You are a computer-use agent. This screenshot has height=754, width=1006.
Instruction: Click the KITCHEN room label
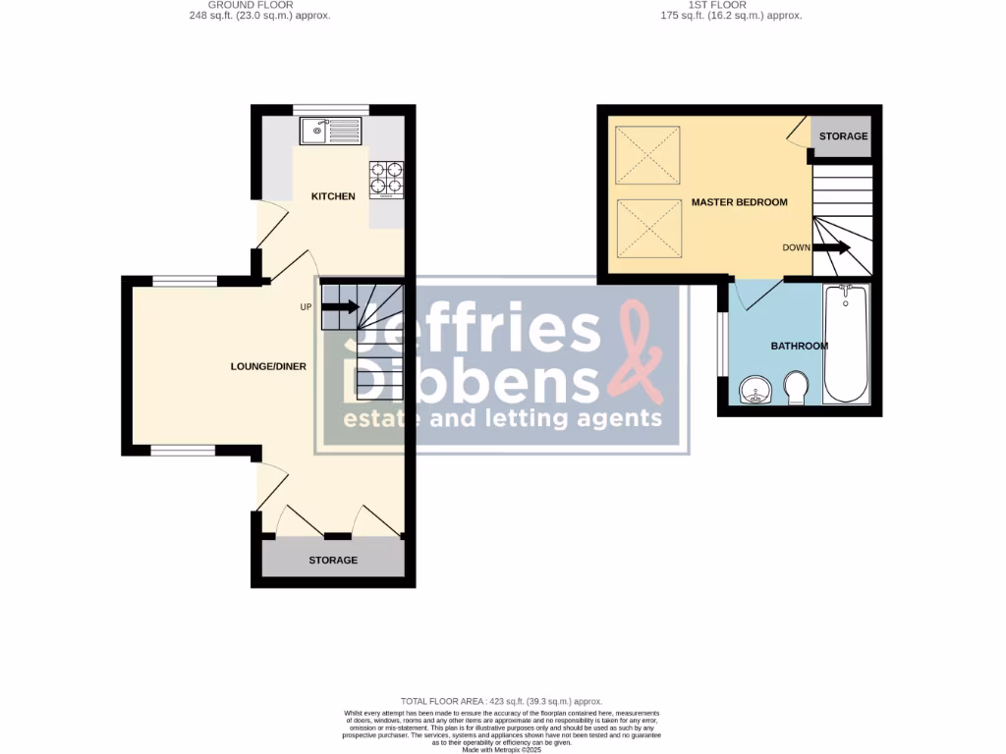[x=333, y=196]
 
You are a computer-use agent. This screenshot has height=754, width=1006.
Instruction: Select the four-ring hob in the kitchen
[x=386, y=179]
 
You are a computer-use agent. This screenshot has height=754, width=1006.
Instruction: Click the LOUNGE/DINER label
[x=268, y=366]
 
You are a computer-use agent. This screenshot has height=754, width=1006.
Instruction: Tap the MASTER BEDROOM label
[x=739, y=202]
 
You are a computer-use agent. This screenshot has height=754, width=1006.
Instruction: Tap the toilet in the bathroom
[x=796, y=387]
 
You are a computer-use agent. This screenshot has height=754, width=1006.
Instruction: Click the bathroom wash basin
[x=754, y=391]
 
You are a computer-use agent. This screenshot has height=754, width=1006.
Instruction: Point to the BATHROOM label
[x=799, y=346]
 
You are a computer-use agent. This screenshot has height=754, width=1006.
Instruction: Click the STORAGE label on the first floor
[x=843, y=135]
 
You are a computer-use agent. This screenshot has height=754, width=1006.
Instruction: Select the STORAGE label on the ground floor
[x=333, y=560]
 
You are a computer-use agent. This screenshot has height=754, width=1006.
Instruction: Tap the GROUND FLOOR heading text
[x=255, y=5]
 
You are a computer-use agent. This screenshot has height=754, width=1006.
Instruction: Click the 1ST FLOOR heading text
[x=730, y=5]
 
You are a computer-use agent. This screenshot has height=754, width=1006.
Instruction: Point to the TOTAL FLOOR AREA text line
[x=501, y=701]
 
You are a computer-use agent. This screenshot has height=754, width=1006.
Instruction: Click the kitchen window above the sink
[x=331, y=110]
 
